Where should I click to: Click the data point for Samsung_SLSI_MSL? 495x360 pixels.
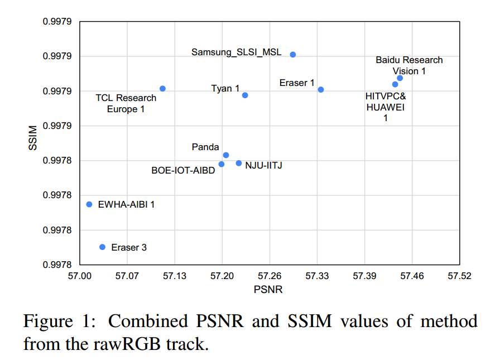293,54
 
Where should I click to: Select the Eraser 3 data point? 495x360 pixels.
102,247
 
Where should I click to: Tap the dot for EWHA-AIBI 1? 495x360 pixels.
89,204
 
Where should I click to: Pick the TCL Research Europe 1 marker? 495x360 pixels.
162,88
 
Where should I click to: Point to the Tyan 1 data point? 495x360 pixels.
245,95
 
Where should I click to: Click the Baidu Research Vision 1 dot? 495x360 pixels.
400,78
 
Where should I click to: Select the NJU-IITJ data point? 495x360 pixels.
239,163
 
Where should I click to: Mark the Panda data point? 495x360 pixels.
226,155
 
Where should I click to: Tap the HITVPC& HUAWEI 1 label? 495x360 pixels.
386,107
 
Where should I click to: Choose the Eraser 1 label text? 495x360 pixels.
297,83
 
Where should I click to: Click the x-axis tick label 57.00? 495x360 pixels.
80,276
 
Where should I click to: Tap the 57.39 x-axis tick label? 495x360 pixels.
364,276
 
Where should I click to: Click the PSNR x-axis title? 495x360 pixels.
268,290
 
